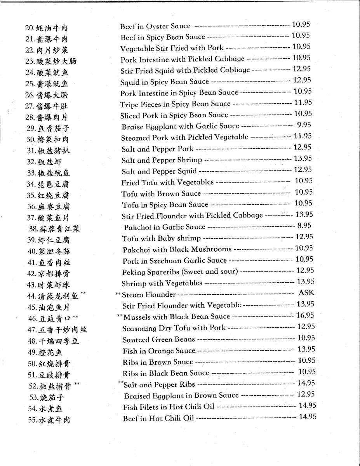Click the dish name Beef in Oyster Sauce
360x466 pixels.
coord(155,26)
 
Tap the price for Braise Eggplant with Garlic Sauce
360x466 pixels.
coord(304,125)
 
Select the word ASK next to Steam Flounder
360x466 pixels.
coord(306,293)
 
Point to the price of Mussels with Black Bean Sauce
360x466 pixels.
coord(305,316)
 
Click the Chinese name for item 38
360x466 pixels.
coord(59,229)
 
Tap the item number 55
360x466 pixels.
coord(32,420)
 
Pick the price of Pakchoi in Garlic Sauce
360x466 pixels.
coord(304,226)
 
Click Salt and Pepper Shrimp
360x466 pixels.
coord(162,160)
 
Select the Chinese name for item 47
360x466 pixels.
coord(63,330)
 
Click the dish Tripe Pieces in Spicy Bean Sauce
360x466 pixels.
coord(175,104)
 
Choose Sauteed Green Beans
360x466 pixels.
coord(159,339)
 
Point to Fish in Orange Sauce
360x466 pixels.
coord(159,351)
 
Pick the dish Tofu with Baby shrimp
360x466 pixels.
coord(161,238)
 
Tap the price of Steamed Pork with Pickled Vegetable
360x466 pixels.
coord(303,136)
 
